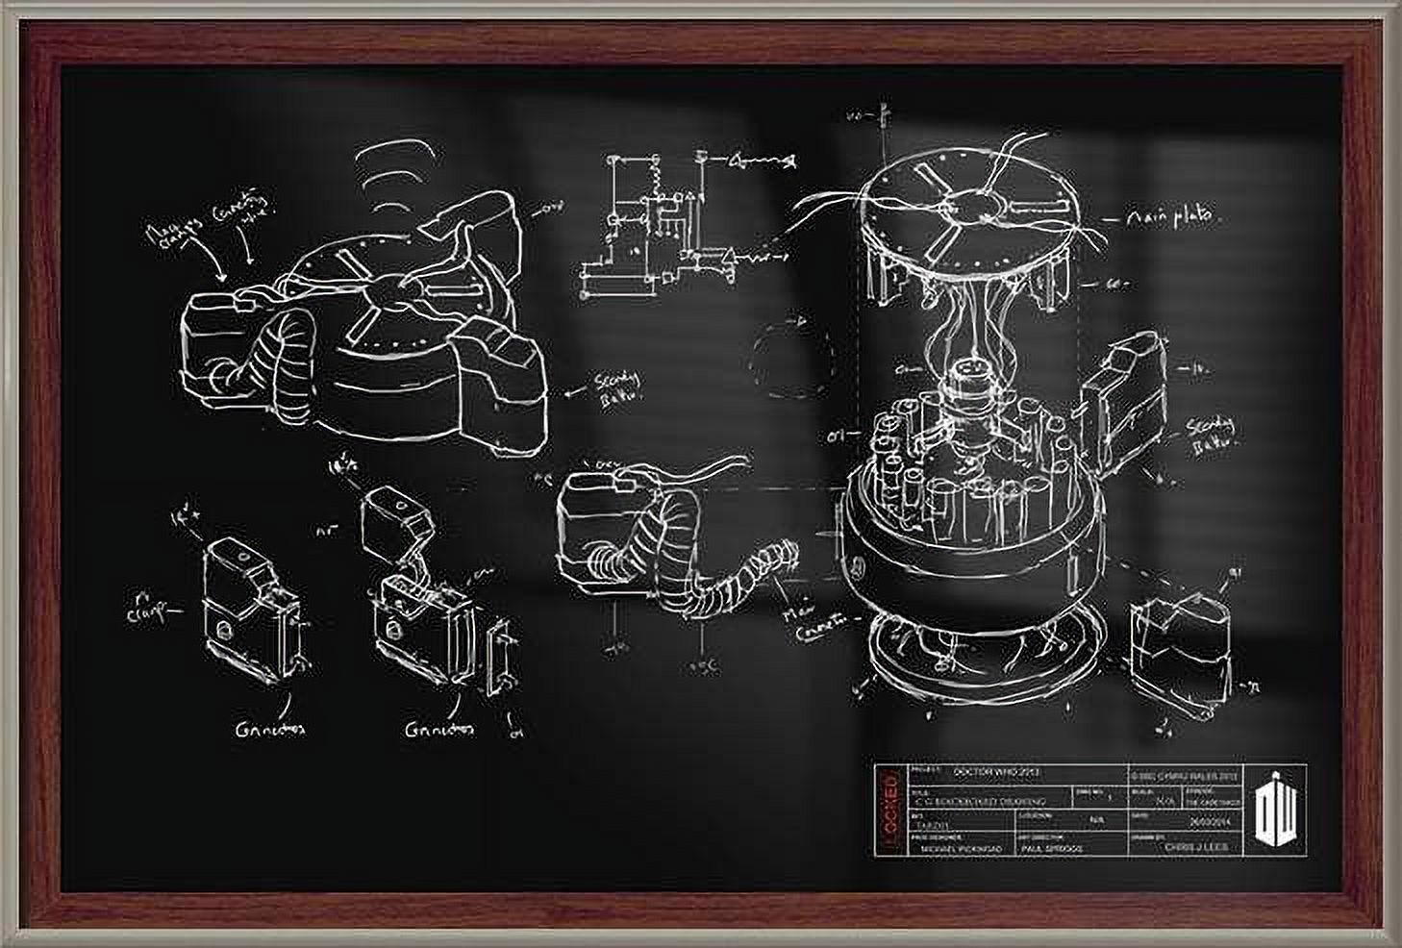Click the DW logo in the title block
point(1280,809)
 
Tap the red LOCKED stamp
point(890,809)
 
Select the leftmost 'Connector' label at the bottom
point(257,729)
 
